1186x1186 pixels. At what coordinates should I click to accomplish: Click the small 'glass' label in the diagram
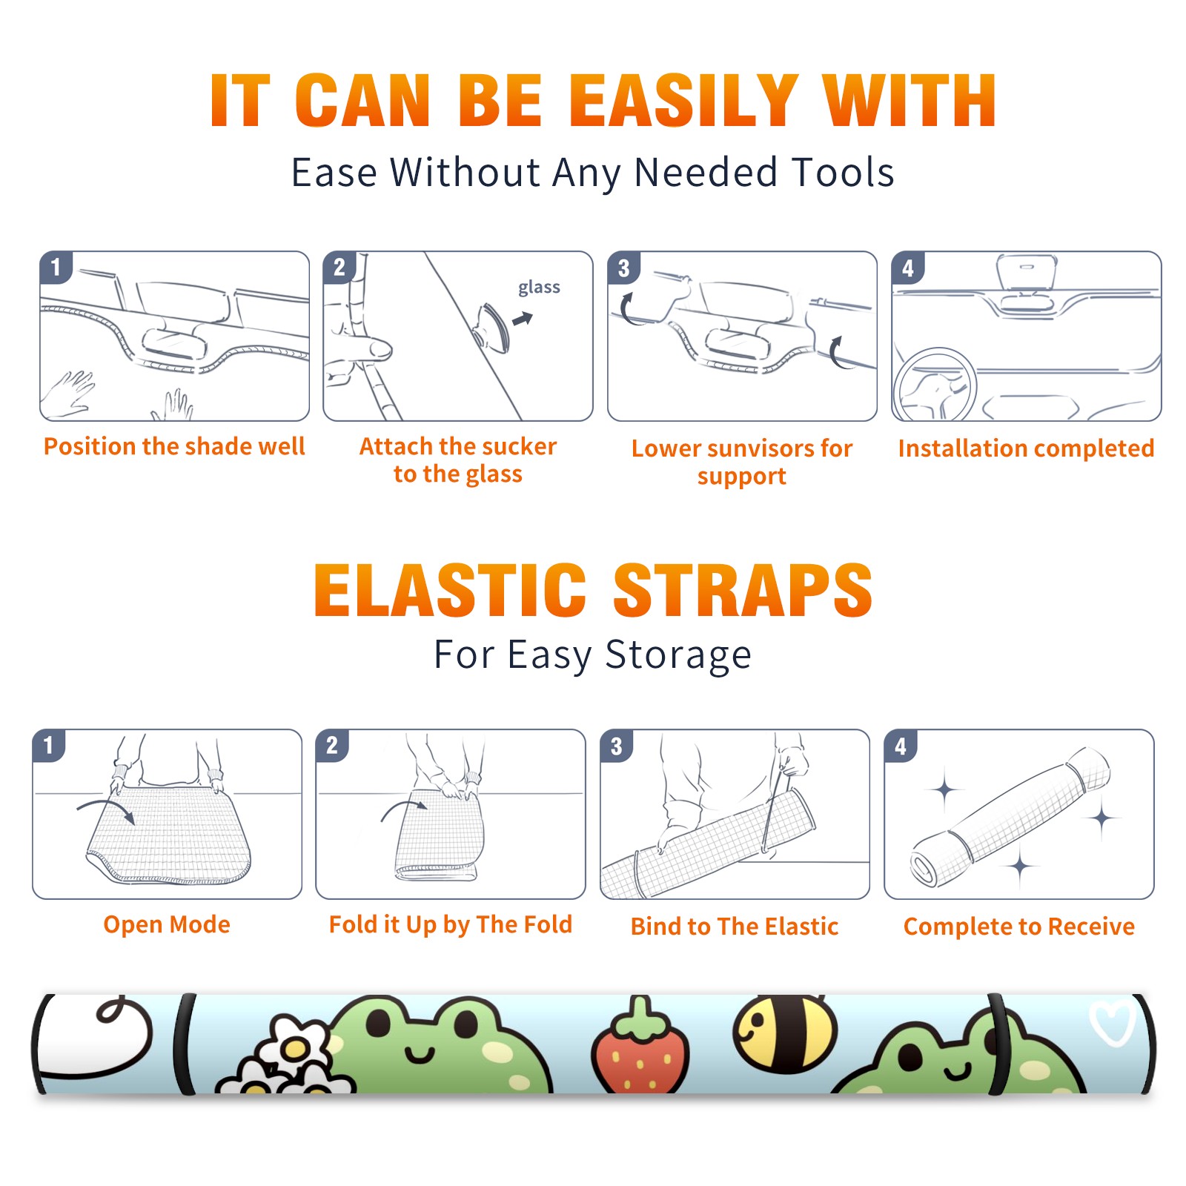coord(539,288)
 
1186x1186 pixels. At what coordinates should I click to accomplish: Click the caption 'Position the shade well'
coord(174,446)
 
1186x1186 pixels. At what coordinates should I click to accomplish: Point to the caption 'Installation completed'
coord(1026,448)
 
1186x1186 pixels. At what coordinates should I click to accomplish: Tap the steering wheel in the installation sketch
coord(935,385)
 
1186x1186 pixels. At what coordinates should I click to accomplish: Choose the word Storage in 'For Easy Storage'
coord(678,655)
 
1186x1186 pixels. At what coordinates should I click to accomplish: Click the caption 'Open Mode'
coord(167,924)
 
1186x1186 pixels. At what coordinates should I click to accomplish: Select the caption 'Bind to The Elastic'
coord(735,926)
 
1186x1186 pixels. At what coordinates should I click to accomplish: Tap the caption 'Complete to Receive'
coord(1019,927)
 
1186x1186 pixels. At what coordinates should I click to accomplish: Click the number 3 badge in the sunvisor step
coord(623,268)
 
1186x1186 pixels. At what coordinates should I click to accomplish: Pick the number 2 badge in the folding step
coord(332,746)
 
